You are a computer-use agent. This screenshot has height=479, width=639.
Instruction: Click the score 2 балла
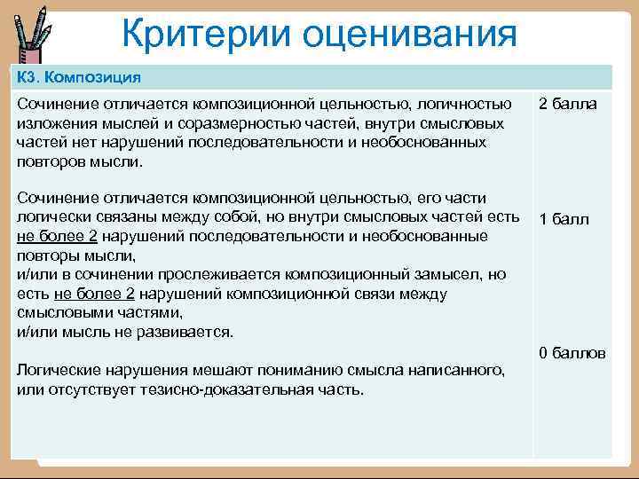tap(568, 105)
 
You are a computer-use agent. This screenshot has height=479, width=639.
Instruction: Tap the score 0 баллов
tap(572, 353)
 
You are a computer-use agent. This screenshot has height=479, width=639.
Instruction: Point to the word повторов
tap(50, 161)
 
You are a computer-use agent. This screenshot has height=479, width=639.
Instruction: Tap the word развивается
tap(189, 332)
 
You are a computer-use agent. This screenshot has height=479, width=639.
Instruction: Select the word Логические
tap(59, 370)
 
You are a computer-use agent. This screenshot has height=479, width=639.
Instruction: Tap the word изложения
tap(55, 124)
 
